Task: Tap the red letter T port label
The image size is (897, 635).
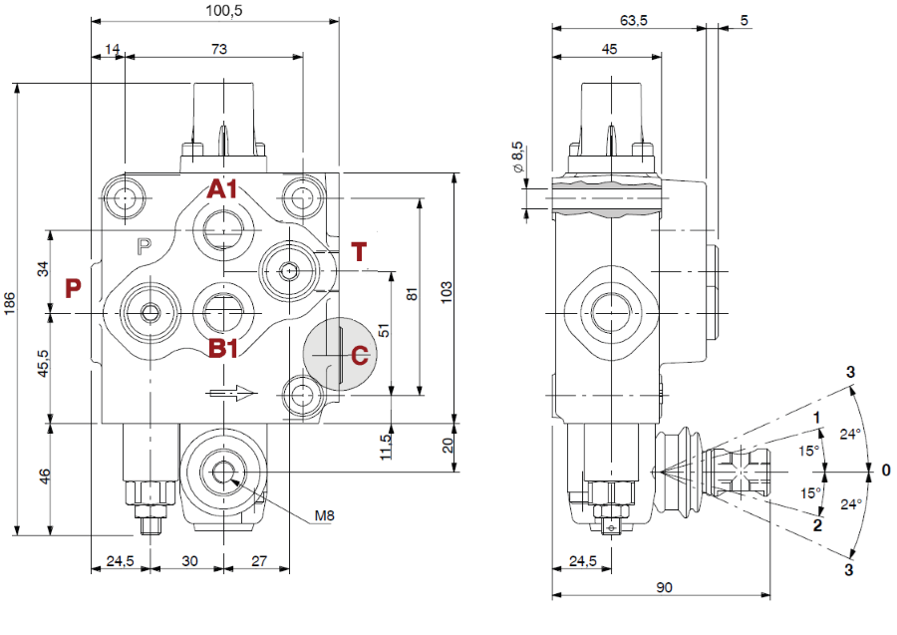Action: point(361,252)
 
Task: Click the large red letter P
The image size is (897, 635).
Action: point(72,289)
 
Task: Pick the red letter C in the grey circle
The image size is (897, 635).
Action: point(360,354)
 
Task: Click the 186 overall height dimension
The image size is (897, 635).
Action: point(10,305)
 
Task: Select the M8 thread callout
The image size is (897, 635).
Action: point(325,514)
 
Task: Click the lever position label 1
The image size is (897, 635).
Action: point(816,417)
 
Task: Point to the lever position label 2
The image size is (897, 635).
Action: point(816,525)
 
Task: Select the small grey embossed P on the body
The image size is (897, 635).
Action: point(144,244)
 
